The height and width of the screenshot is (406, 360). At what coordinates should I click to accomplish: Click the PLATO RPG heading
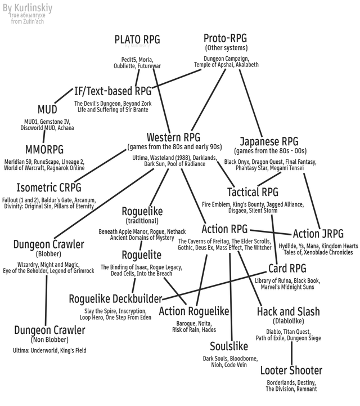[x=137, y=39]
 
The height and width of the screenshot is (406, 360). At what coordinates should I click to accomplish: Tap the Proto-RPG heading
[x=225, y=38]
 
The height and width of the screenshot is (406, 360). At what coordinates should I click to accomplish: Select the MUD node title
[x=47, y=109]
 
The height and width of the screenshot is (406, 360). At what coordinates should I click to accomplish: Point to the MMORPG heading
[x=44, y=149]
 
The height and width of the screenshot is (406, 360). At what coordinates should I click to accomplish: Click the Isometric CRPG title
[x=49, y=188]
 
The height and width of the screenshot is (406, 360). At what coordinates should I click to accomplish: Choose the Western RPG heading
[x=173, y=137]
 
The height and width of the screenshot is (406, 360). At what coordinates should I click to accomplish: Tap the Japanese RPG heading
[x=269, y=141]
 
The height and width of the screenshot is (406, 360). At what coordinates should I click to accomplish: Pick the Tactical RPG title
[x=253, y=193]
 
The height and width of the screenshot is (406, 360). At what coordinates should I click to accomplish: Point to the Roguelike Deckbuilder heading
[x=115, y=298]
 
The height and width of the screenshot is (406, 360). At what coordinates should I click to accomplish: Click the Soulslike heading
[x=229, y=346]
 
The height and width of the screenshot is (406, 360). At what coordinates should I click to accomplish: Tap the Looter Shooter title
[x=291, y=371]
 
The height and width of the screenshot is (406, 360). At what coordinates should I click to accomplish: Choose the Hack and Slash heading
[x=288, y=311]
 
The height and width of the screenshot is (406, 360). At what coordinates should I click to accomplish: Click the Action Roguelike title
[x=194, y=311]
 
